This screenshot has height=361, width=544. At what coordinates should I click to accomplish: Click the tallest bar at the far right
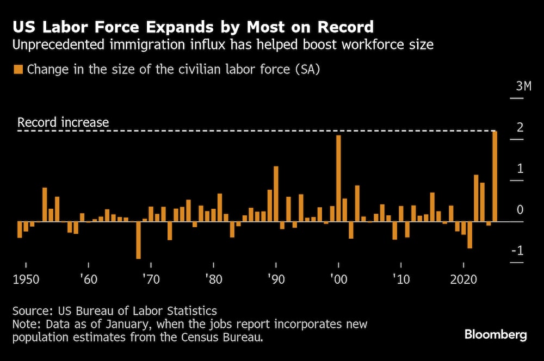coord(494,176)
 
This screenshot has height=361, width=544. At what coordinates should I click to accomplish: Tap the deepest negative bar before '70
coord(138,240)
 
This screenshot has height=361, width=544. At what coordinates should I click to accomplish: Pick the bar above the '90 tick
coord(276,194)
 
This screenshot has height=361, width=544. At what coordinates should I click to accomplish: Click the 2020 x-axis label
coord(463,280)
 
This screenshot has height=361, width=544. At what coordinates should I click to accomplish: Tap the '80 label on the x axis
coord(213,280)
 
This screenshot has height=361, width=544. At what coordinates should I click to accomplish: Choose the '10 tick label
coord(401,280)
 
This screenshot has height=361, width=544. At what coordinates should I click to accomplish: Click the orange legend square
coord(18,70)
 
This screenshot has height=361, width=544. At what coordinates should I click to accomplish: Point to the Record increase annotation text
coord(63,122)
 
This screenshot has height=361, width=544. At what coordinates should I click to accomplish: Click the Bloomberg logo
coord(496,334)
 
